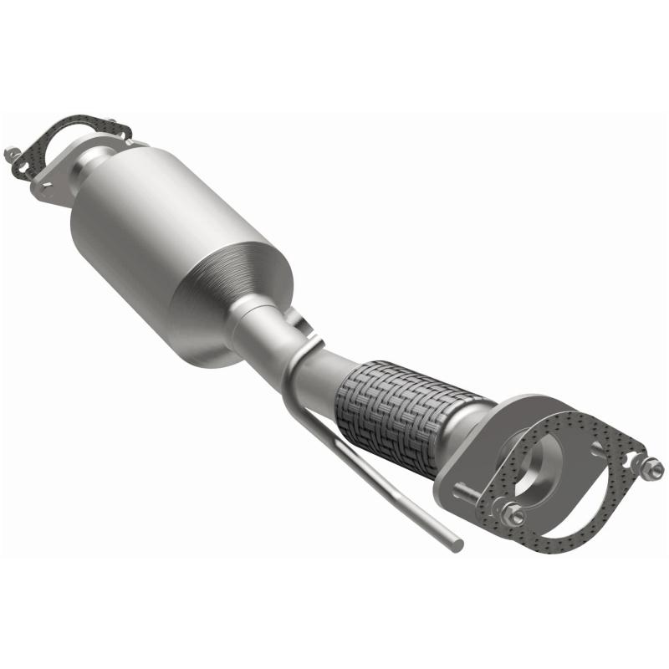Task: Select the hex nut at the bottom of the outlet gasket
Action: coord(516,517)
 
